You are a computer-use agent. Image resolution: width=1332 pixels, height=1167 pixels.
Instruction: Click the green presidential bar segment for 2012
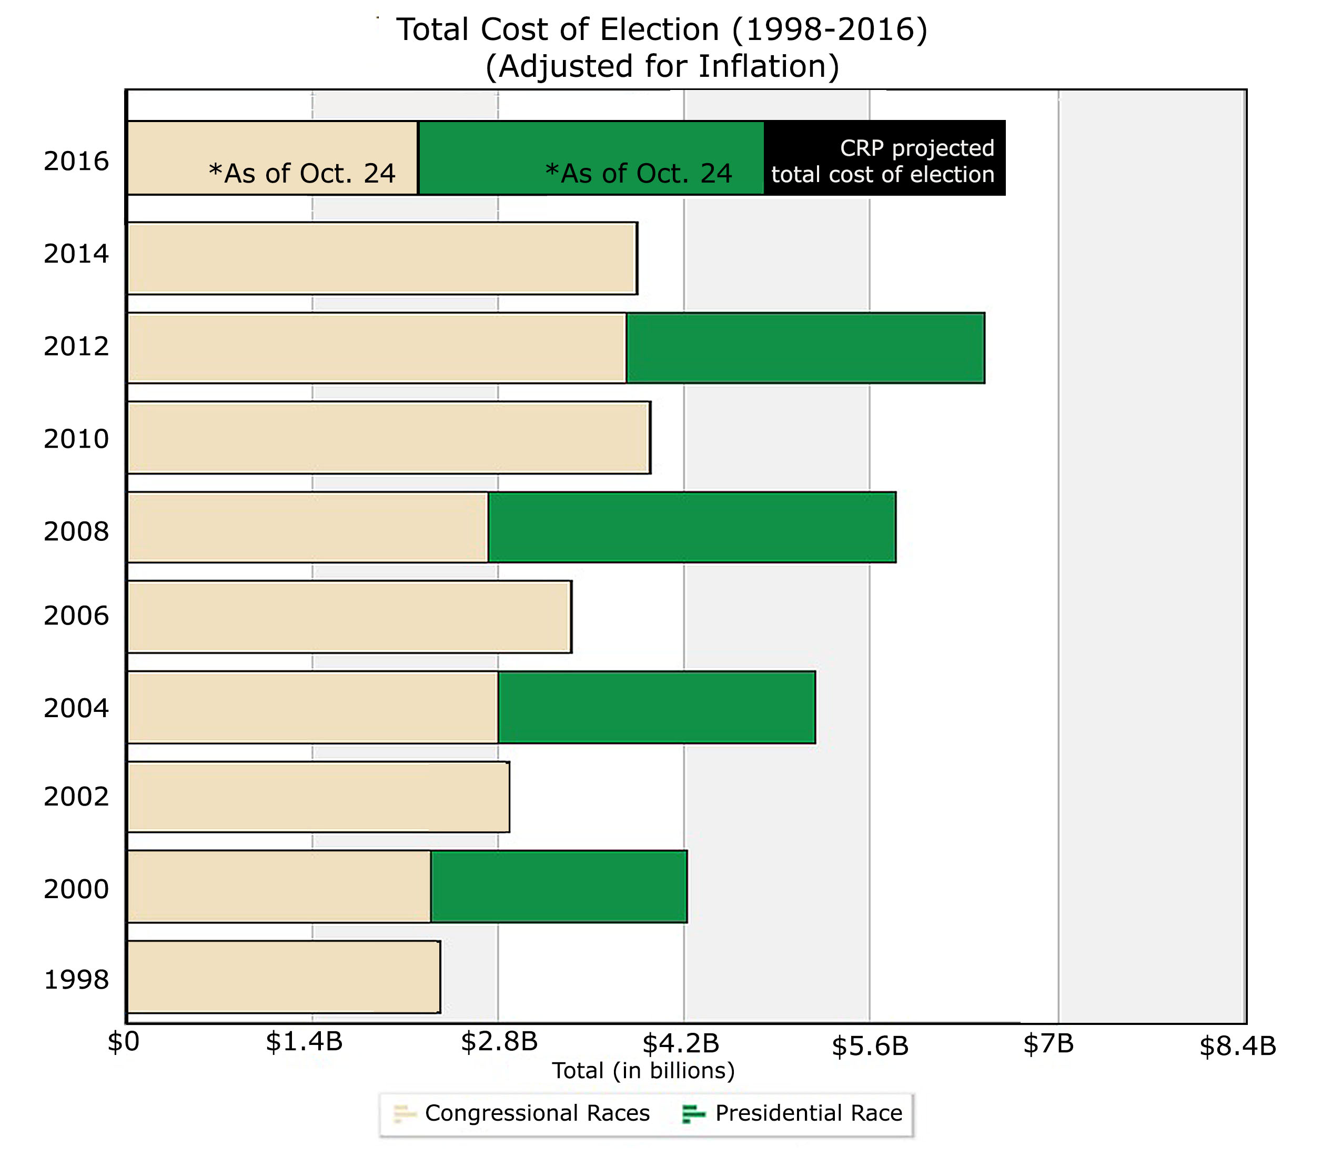tap(805, 348)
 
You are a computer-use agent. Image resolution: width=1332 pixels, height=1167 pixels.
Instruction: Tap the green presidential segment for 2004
tap(656, 707)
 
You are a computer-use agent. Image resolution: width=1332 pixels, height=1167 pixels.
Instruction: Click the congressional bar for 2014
tap(381, 258)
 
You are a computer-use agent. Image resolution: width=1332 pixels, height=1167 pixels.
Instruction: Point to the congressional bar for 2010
tap(388, 437)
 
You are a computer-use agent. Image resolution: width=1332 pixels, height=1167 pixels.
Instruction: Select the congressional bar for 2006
tap(349, 616)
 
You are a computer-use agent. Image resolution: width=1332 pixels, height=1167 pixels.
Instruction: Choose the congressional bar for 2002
tap(318, 797)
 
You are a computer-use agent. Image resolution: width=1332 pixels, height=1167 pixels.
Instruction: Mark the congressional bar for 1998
tap(283, 976)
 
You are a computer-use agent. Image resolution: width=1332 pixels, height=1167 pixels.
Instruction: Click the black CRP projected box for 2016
tap(884, 158)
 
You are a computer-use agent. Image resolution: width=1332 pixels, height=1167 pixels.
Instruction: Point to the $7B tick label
tap(1048, 1044)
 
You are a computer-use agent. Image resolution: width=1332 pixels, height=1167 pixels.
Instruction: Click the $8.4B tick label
tap(1237, 1047)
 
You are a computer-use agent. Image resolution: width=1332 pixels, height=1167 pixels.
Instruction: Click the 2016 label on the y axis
tap(76, 162)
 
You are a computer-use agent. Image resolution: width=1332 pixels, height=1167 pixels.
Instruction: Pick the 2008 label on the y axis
tap(76, 532)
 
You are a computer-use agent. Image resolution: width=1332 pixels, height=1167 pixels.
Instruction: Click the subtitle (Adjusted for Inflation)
tap(662, 66)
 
